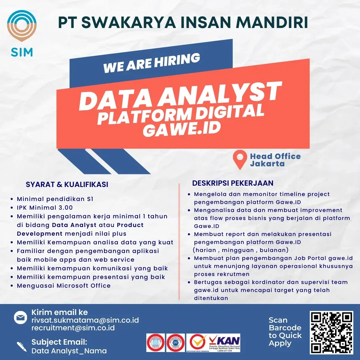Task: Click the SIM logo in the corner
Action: pos(22,33)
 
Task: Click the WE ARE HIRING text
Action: pos(152,63)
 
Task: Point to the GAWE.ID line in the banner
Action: pos(182,128)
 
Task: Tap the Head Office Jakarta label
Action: pos(275,160)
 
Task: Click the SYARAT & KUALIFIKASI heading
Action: pos(67,184)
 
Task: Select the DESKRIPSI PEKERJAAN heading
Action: pos(233,183)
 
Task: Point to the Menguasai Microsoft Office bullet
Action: pos(64,286)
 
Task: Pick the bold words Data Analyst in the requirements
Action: pos(74,225)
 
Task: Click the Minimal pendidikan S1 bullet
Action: pos(55,199)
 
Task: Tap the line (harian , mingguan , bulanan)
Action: pos(241,250)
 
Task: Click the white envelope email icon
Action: pos(20,317)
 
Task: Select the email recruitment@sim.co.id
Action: pos(73,328)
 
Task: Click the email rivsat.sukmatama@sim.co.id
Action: pos(85,320)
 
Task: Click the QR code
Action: pos(331,332)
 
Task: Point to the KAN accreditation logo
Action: pos(224,343)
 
